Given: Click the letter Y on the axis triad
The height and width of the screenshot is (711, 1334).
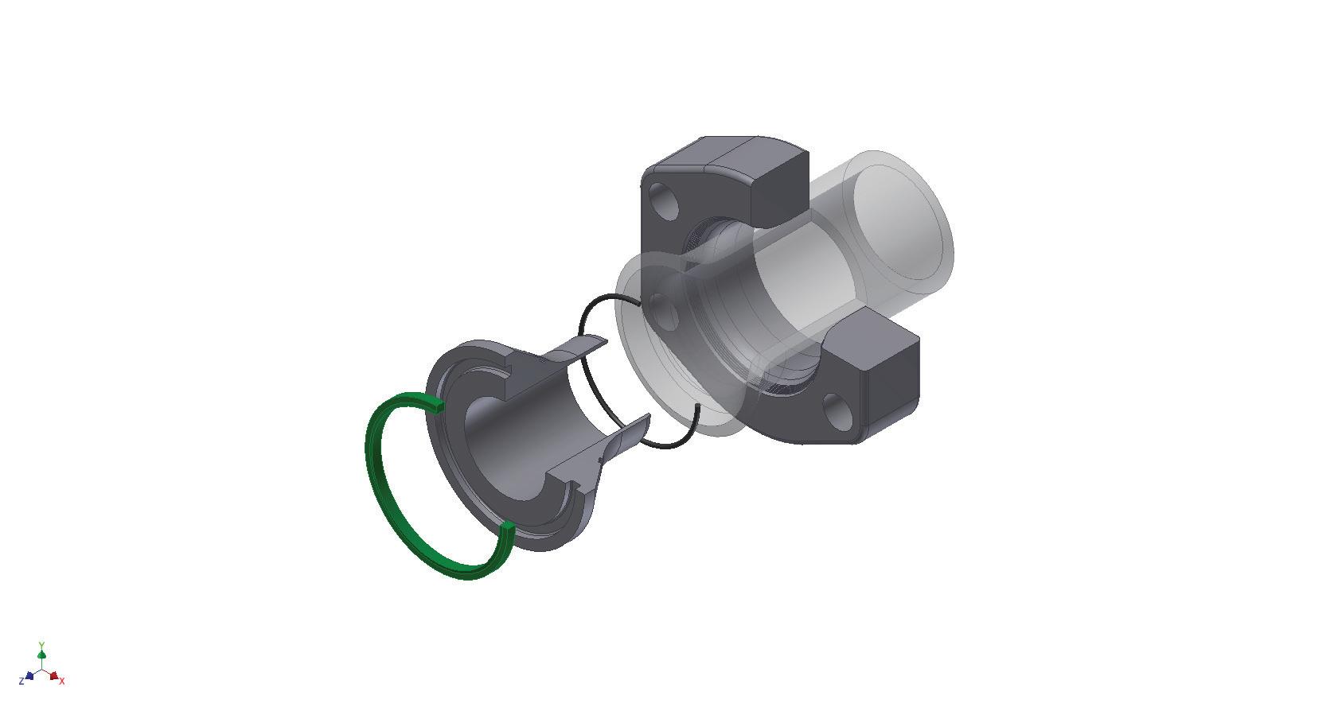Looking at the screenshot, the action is pyautogui.click(x=41, y=644).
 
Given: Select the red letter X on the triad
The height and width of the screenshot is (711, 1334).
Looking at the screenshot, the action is pyautogui.click(x=62, y=682).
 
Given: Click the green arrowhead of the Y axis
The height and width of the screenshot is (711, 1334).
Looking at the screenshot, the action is pyautogui.click(x=41, y=655).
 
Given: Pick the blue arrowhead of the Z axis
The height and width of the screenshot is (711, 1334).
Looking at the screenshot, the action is pyautogui.click(x=29, y=676).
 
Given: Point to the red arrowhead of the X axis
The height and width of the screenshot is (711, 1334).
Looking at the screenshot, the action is pyautogui.click(x=53, y=676).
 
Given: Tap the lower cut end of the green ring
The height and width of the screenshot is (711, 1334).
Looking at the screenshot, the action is pyautogui.click(x=507, y=527).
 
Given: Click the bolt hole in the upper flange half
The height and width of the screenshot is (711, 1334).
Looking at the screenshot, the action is pyautogui.click(x=663, y=202).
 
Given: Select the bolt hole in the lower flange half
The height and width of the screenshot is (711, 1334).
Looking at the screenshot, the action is pyautogui.click(x=841, y=411).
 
